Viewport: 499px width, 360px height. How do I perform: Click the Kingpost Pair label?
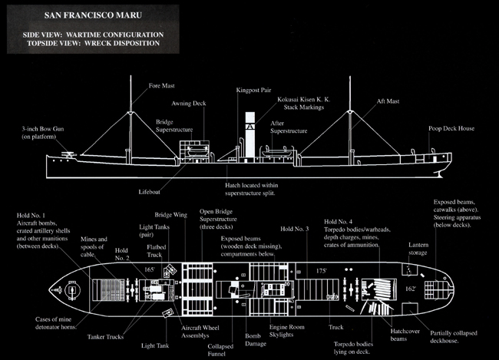255,89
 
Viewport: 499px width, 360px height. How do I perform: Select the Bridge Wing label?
168,216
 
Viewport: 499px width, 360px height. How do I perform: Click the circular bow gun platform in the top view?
71,290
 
